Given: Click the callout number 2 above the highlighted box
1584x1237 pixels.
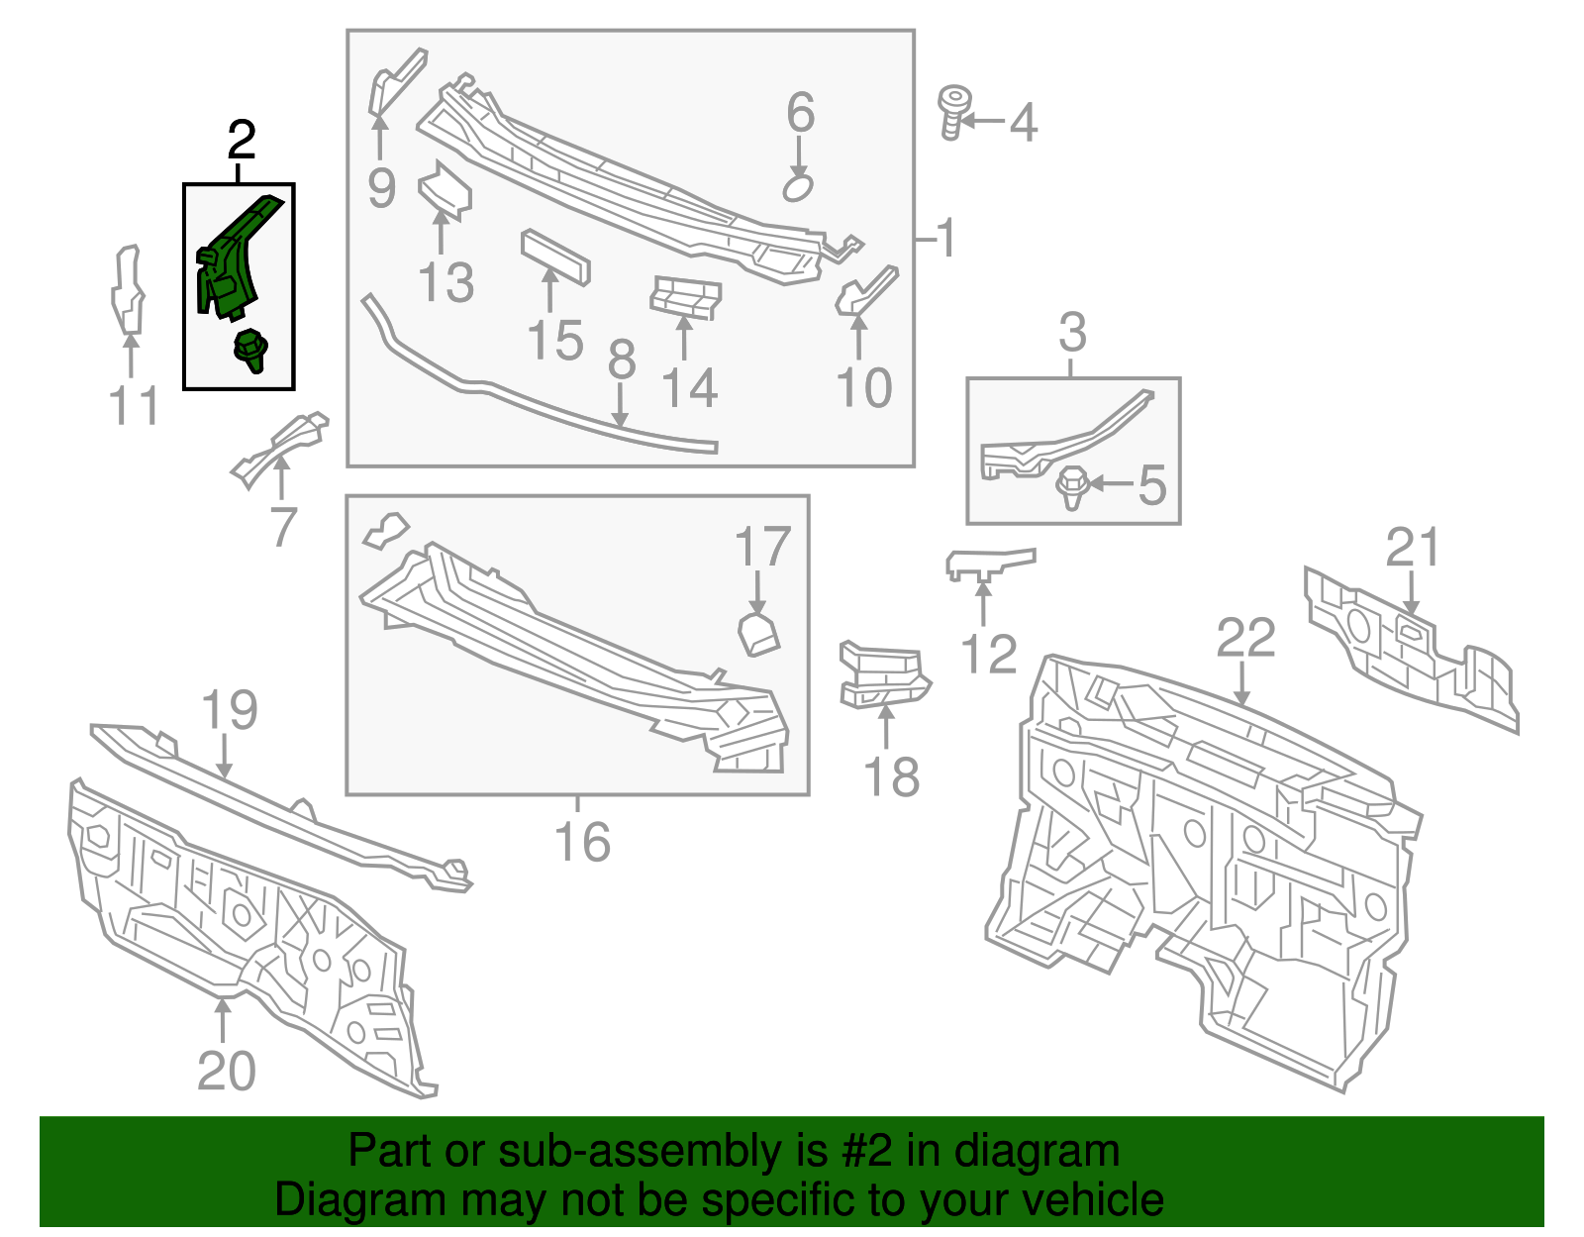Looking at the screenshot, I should click(242, 141).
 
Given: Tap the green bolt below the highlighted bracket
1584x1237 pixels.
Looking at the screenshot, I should click(249, 351).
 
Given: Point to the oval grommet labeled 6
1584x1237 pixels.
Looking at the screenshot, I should click(798, 187).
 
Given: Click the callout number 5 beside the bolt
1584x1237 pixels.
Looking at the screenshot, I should click(1151, 485).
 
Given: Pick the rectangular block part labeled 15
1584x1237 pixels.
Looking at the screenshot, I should click(555, 258).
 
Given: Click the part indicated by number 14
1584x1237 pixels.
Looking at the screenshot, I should click(684, 297).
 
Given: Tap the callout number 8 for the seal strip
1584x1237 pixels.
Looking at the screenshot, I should click(621, 361).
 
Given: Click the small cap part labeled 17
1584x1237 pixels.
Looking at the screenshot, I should click(759, 634).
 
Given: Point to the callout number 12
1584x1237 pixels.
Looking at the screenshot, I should click(988, 655).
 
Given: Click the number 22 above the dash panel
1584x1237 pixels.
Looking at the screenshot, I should click(1245, 639).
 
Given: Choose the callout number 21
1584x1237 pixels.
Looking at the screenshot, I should click(1412, 548).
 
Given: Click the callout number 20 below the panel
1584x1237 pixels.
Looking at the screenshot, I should click(227, 1071).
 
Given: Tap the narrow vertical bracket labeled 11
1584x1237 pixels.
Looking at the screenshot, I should click(127, 289).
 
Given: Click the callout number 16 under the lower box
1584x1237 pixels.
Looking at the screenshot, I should click(582, 842).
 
